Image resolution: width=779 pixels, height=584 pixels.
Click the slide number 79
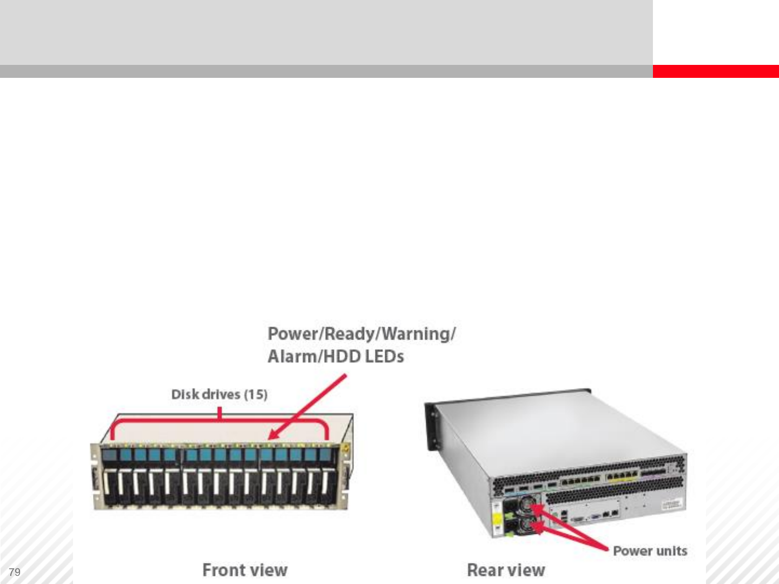(15, 572)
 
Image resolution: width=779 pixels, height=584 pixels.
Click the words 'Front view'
(245, 570)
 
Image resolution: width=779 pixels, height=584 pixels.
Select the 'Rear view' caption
(506, 570)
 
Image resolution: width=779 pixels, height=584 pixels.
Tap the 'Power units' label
(650, 551)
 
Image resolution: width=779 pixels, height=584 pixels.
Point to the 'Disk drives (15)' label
(219, 394)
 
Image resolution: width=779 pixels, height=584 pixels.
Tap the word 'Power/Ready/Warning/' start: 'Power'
(292, 334)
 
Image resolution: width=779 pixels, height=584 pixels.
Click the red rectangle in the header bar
(715, 71)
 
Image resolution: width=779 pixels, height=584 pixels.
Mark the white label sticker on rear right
(672, 504)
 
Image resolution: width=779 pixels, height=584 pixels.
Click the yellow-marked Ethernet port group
(621, 477)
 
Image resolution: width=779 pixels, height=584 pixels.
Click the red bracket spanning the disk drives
(219, 420)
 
